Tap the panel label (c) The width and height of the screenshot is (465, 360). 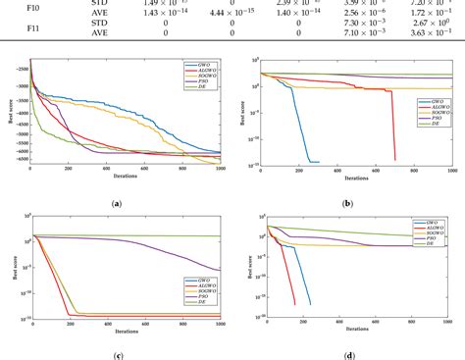pyautogui.click(x=117, y=354)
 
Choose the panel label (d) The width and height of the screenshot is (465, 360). pyautogui.click(x=348, y=354)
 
